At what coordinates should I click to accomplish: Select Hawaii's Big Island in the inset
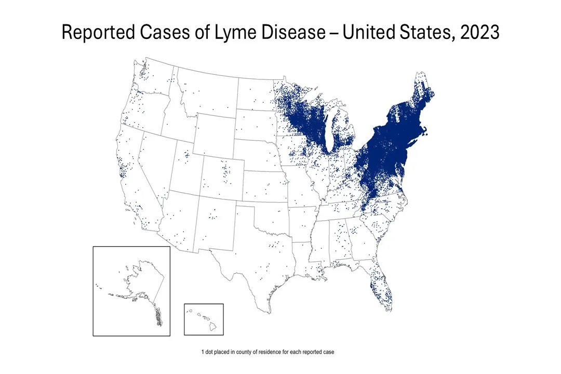[x=212, y=327]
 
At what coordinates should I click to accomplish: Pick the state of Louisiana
[x=301, y=260]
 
